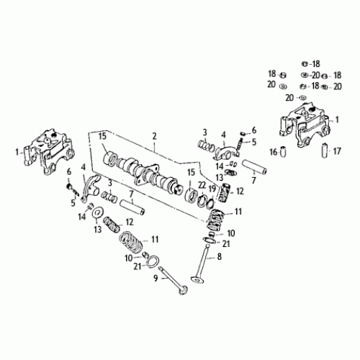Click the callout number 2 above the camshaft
pyautogui.click(x=153, y=135)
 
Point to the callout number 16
pyautogui.click(x=273, y=152)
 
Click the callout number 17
pyautogui.click(x=338, y=152)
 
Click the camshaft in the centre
pyautogui.click(x=148, y=172)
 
